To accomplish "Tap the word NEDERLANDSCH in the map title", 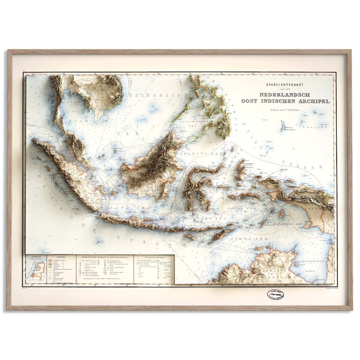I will pyautogui.click(x=284, y=95).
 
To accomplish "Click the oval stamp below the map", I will pyautogui.click(x=275, y=295).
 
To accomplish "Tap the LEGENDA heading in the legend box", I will pyautogui.click(x=61, y=257).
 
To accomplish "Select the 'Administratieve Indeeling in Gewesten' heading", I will pyautogui.click(x=104, y=257).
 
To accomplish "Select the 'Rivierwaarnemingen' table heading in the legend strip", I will pyautogui.click(x=154, y=257).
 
